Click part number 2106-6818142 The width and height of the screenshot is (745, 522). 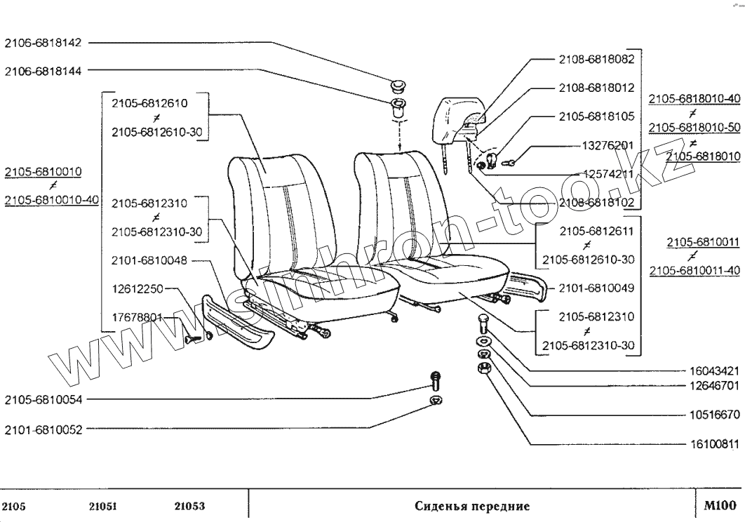tap(43, 43)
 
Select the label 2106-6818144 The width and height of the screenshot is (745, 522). tap(43, 71)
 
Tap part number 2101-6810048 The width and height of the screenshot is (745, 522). tap(149, 260)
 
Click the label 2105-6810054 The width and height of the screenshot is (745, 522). tap(43, 401)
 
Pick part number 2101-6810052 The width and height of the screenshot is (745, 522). tap(43, 429)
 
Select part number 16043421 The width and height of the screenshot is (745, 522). tap(711, 370)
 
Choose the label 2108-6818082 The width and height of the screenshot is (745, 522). tap(596, 60)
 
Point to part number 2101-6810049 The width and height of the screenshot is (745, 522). tap(596, 288)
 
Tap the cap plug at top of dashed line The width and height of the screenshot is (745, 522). tap(398, 88)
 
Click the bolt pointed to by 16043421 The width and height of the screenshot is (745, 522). tap(481, 326)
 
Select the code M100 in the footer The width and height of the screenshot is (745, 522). tap(719, 505)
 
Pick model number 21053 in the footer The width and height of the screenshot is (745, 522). tap(188, 506)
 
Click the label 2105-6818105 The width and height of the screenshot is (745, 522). tap(596, 117)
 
